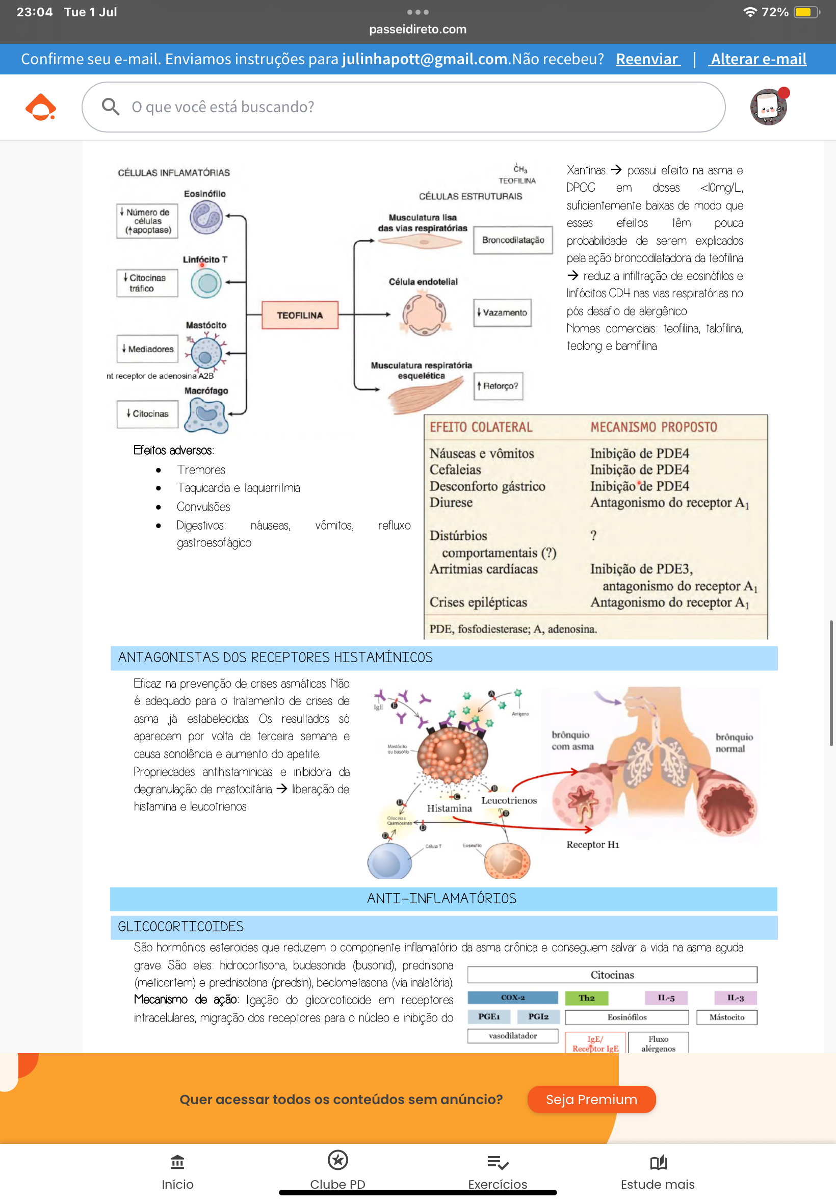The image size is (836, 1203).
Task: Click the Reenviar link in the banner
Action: tap(647, 59)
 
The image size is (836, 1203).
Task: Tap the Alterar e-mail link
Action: tap(758, 59)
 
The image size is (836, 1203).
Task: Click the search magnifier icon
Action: tap(111, 107)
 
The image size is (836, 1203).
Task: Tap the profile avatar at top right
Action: tap(768, 107)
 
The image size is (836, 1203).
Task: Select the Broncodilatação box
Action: tap(513, 241)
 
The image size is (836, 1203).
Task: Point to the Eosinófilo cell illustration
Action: tap(206, 217)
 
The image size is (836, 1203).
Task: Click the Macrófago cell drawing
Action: tap(207, 415)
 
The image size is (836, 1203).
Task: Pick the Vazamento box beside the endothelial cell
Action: tap(502, 312)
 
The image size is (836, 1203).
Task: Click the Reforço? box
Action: tap(498, 386)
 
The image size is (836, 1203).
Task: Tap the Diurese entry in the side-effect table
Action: tap(451, 503)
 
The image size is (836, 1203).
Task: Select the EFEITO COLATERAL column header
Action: tap(481, 427)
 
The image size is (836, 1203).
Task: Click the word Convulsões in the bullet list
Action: tap(203, 507)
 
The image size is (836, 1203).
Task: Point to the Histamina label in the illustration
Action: tap(450, 808)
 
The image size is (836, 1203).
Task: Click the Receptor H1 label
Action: tap(592, 845)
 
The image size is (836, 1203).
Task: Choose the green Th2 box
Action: tap(586, 998)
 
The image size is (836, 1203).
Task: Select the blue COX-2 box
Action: tap(512, 998)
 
